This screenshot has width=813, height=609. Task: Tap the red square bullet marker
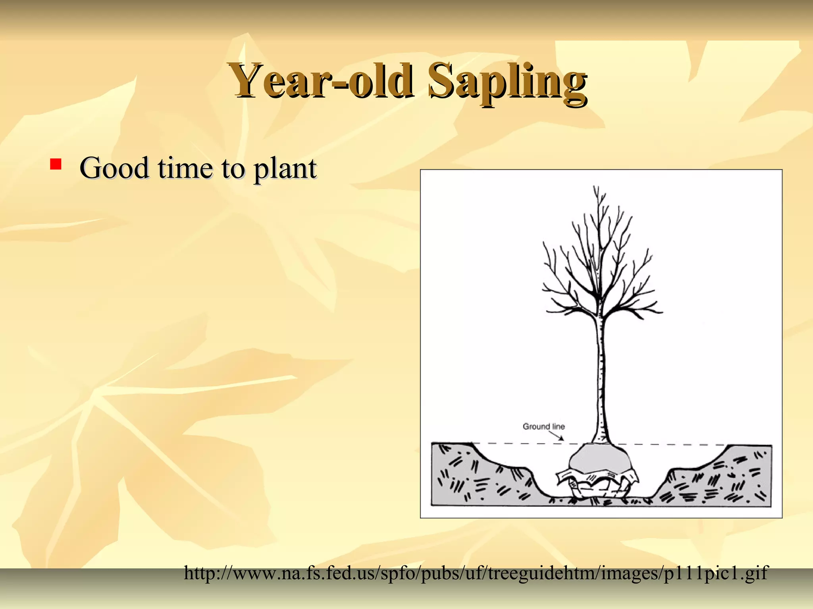pyautogui.click(x=56, y=164)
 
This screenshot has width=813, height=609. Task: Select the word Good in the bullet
pyautogui.click(x=114, y=168)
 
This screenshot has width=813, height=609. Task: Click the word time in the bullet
pyautogui.click(x=185, y=168)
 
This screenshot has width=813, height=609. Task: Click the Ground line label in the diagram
pyautogui.click(x=543, y=427)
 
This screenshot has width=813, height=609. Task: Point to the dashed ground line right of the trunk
pyautogui.click(x=675, y=444)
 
